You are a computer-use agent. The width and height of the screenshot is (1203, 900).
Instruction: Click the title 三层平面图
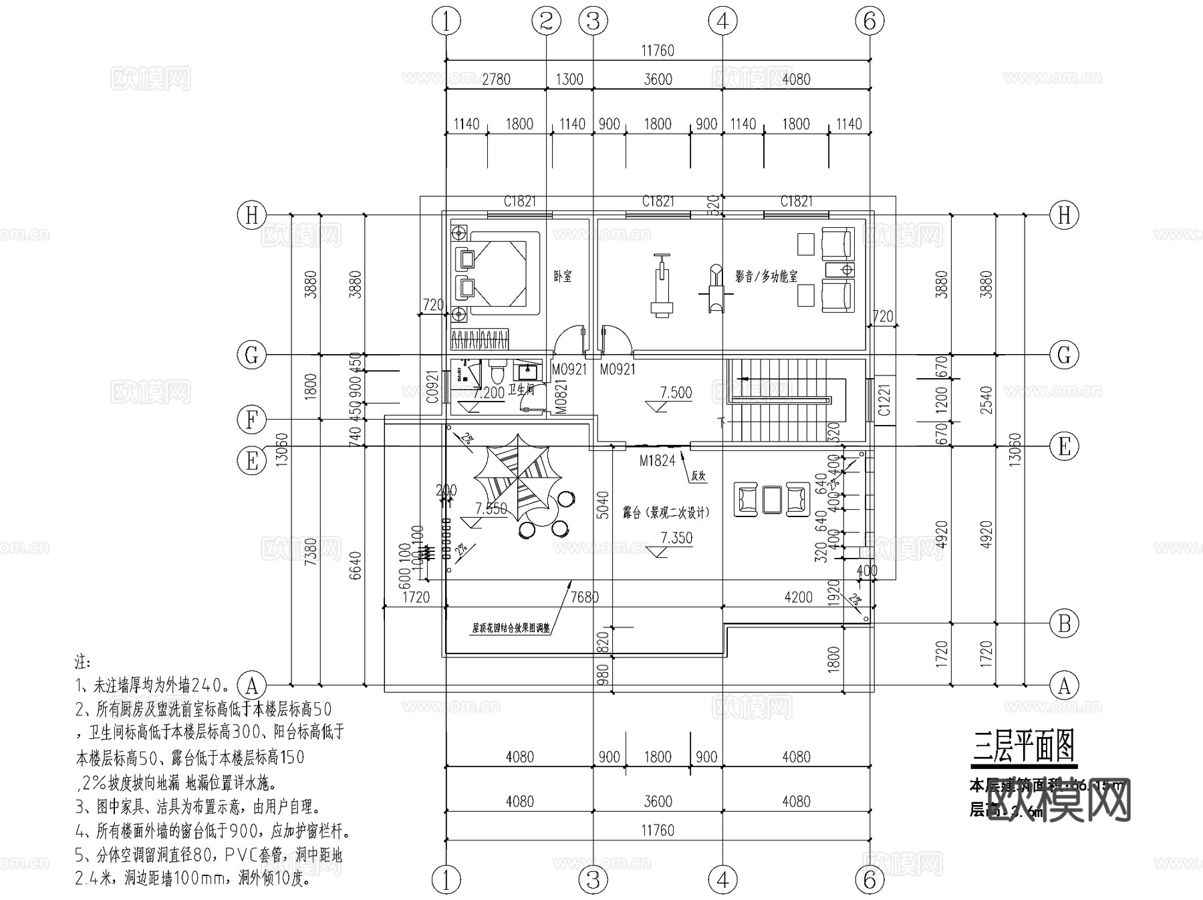(x=1023, y=746)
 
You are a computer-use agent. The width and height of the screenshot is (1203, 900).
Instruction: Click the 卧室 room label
(x=563, y=276)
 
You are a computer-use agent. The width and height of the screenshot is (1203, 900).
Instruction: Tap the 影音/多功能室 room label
(x=766, y=276)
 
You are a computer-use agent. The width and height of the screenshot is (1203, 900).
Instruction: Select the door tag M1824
(x=657, y=460)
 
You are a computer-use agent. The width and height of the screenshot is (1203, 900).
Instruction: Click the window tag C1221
(x=884, y=400)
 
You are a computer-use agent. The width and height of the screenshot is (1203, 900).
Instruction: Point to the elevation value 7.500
(x=676, y=392)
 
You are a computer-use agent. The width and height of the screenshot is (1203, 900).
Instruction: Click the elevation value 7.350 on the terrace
(x=676, y=538)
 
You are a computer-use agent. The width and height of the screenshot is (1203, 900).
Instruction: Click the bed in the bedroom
(x=498, y=274)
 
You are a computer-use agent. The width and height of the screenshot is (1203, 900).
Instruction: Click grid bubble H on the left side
(x=252, y=215)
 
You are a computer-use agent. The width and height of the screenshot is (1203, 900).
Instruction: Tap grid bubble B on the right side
(x=1064, y=624)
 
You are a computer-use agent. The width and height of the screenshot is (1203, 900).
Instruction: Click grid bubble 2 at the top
(x=546, y=21)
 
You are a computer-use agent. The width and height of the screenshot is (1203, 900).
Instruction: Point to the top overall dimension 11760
(x=658, y=51)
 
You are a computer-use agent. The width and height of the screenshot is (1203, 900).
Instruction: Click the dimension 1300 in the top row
(x=569, y=80)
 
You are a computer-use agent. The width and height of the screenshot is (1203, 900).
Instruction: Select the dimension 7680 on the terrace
(x=584, y=597)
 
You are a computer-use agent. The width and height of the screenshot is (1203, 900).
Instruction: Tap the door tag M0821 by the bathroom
(x=561, y=396)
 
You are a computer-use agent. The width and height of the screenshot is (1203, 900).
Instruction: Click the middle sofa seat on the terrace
(x=771, y=498)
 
